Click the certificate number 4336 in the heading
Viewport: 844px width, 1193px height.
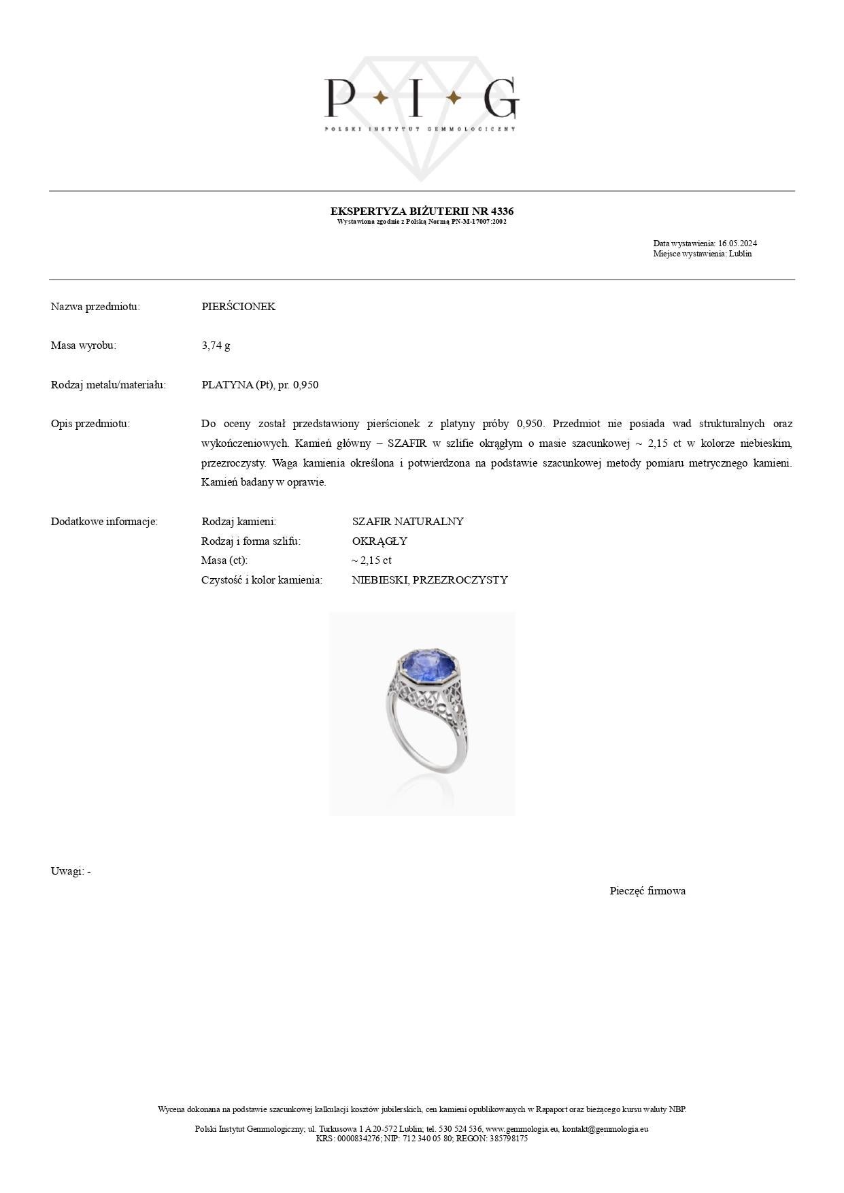502,212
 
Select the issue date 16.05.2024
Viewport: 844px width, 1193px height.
737,243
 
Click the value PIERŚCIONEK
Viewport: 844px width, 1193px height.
239,307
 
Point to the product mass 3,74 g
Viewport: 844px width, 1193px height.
216,346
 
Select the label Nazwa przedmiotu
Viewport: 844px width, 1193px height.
95,307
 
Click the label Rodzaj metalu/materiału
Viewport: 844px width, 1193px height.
108,385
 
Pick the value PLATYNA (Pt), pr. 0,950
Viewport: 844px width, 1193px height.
260,385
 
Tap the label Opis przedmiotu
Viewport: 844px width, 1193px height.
90,424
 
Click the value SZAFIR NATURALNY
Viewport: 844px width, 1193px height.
407,522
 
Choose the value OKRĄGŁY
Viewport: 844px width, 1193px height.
379,541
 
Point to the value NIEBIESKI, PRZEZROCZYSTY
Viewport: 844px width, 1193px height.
430,580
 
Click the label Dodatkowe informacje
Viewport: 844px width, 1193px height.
104,522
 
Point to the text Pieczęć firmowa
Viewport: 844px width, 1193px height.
647,891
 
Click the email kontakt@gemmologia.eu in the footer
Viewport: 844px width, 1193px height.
605,1128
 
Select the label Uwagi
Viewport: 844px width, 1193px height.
67,871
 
